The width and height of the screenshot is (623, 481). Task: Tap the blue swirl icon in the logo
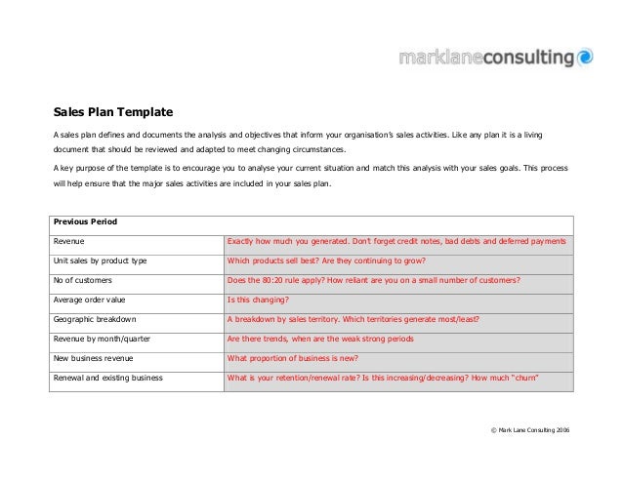pos(584,57)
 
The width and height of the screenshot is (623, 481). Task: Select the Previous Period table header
pos(85,221)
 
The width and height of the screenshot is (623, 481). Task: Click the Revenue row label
pos(69,240)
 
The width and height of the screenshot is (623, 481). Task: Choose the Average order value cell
pos(90,300)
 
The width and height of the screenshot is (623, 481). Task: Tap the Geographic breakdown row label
pos(95,319)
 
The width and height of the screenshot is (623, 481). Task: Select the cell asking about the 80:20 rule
pos(373,280)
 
